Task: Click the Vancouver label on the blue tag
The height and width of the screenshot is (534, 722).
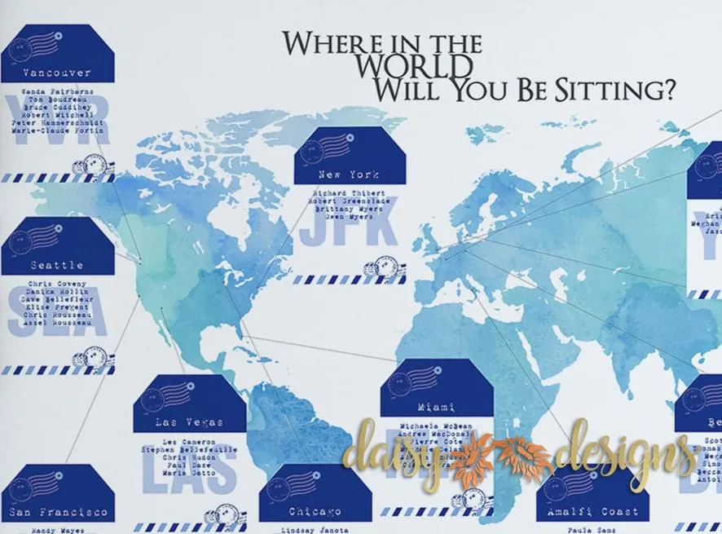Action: coord(57,73)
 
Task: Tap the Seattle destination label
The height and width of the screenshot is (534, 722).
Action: coord(57,265)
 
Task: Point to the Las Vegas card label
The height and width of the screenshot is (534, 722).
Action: coord(189,423)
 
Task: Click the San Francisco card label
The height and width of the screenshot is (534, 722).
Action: coord(58,512)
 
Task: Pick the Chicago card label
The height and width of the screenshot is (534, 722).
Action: coord(315,512)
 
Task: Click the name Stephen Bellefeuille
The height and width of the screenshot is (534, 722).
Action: coord(189,448)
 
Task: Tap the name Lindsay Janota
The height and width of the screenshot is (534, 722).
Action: coord(315,530)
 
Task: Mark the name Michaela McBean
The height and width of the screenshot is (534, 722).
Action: coord(437,426)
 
